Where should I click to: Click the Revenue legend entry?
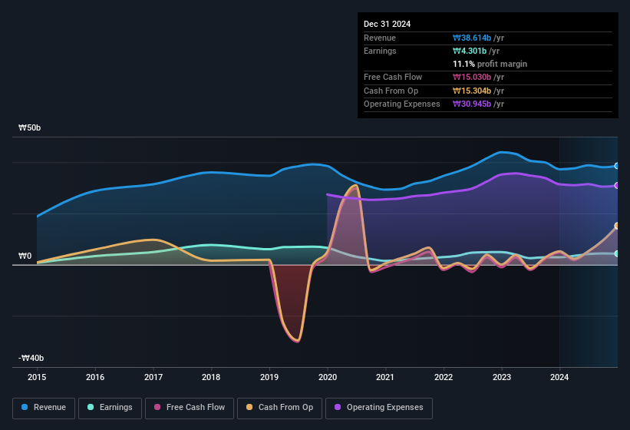click(44, 407)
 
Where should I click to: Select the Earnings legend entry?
click(110, 407)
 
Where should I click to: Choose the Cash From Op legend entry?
click(279, 407)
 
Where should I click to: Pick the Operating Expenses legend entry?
click(378, 407)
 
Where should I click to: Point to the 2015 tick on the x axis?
click(37, 377)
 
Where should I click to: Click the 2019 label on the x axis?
click(269, 377)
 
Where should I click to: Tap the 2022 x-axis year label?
click(444, 377)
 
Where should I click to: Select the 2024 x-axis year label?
click(559, 377)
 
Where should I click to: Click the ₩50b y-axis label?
click(30, 127)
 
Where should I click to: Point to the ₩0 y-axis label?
click(25, 256)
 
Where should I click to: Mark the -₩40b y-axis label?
click(31, 358)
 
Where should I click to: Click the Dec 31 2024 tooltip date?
click(387, 24)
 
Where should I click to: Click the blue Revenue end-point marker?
click(617, 166)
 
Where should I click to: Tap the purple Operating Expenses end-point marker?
click(617, 185)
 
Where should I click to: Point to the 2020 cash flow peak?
click(355, 186)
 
